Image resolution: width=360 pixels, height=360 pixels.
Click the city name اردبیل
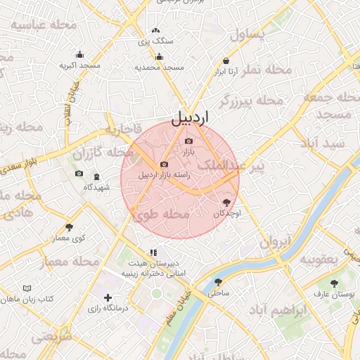[x=190, y=116]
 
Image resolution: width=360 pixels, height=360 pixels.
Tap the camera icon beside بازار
[x=188, y=142]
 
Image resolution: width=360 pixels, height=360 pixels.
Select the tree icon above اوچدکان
[x=226, y=202]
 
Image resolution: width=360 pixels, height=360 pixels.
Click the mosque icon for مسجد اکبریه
[x=79, y=54]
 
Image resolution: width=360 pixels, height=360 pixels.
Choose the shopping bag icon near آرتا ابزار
[x=226, y=61]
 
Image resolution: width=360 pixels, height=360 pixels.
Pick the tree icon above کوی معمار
[x=69, y=227]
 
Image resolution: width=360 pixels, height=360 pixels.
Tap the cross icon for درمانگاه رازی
[x=107, y=298]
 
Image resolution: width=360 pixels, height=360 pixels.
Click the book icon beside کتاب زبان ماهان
[x=27, y=289]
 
